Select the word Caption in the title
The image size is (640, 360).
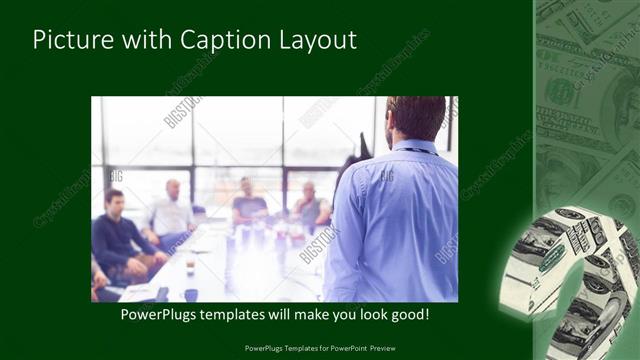[x=221, y=40]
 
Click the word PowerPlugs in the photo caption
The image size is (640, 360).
[x=159, y=314]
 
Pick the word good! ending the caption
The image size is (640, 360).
[x=407, y=314]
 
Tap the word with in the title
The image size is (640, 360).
[x=145, y=40]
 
